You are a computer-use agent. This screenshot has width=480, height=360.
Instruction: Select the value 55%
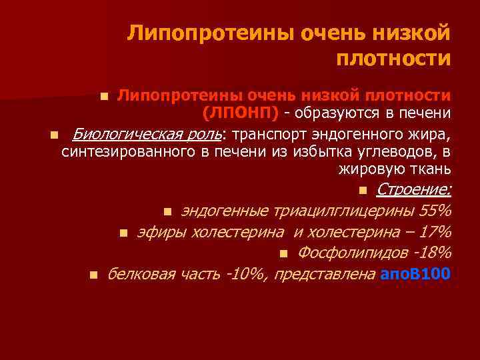[435, 211]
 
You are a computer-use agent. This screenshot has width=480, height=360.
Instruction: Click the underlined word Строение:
[413, 191]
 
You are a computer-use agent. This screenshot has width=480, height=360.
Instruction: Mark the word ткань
[431, 170]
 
